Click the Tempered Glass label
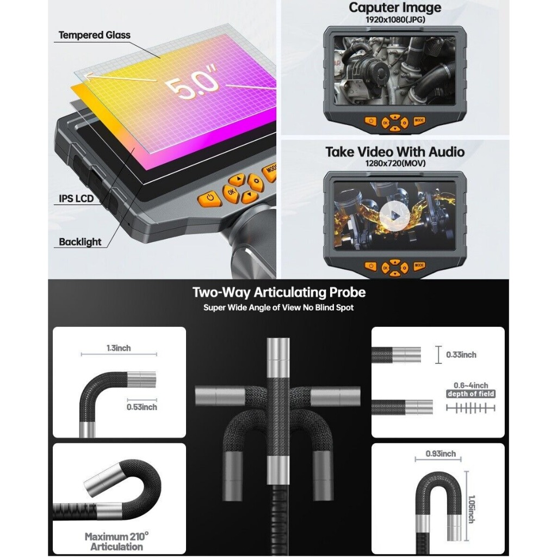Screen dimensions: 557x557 94,35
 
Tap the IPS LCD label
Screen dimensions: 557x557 76,199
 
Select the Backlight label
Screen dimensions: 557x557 80,242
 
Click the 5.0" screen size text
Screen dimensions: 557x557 193,86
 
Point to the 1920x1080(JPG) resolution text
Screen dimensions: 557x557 395,20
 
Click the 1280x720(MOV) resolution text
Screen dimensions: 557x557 395,163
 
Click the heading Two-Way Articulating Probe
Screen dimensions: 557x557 278,293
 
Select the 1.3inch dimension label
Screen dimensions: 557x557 119,348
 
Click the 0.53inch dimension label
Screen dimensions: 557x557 141,406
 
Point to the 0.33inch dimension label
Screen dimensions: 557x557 461,355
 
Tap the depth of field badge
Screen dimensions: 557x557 471,394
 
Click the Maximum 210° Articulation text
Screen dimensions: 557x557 116,542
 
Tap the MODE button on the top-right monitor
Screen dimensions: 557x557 419,121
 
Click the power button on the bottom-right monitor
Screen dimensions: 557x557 371,266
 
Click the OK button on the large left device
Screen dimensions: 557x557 231,192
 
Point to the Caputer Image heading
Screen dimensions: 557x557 395,8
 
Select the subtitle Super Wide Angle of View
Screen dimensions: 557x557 278,308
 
